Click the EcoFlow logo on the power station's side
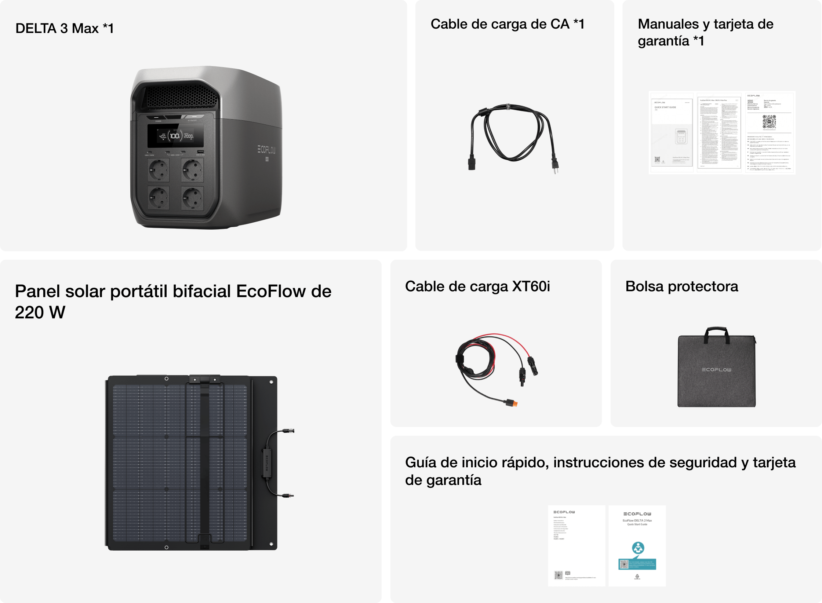pyautogui.click(x=266, y=149)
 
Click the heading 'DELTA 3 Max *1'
pyautogui.click(x=65, y=28)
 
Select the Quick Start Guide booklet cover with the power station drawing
pyautogui.click(x=672, y=132)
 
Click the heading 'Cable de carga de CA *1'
pyautogui.click(x=507, y=24)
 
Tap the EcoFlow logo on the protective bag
pyautogui.click(x=716, y=369)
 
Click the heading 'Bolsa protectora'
pyautogui.click(x=681, y=286)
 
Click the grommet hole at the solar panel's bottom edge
pyautogui.click(x=167, y=547)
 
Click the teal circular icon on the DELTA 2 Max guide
pyautogui.click(x=638, y=548)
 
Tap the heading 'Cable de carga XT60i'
pyautogui.click(x=477, y=286)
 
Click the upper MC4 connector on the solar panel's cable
pyautogui.click(x=288, y=431)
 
